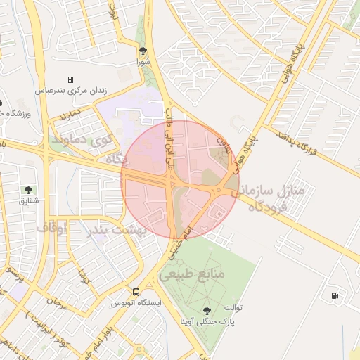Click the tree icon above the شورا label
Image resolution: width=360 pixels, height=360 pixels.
[x=143, y=51]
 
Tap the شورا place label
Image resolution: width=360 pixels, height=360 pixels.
[x=143, y=61]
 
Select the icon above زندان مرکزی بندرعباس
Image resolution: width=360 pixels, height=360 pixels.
[x=70, y=79]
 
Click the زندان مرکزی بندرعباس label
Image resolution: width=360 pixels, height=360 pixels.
[x=70, y=91]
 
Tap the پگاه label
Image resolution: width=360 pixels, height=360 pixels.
[x=116, y=159]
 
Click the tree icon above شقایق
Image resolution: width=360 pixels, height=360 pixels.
[x=28, y=190]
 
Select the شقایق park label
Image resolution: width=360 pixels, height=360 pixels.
[x=28, y=201]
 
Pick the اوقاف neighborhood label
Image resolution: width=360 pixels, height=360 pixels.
[x=51, y=228]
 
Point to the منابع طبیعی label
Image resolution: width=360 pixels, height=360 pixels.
[x=191, y=274]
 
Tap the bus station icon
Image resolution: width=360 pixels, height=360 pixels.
[x=136, y=292]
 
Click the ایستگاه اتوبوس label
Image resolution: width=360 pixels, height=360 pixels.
[x=136, y=303]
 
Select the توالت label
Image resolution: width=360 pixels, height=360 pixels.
[x=231, y=307]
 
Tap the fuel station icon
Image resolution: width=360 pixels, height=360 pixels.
[x=333, y=295]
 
